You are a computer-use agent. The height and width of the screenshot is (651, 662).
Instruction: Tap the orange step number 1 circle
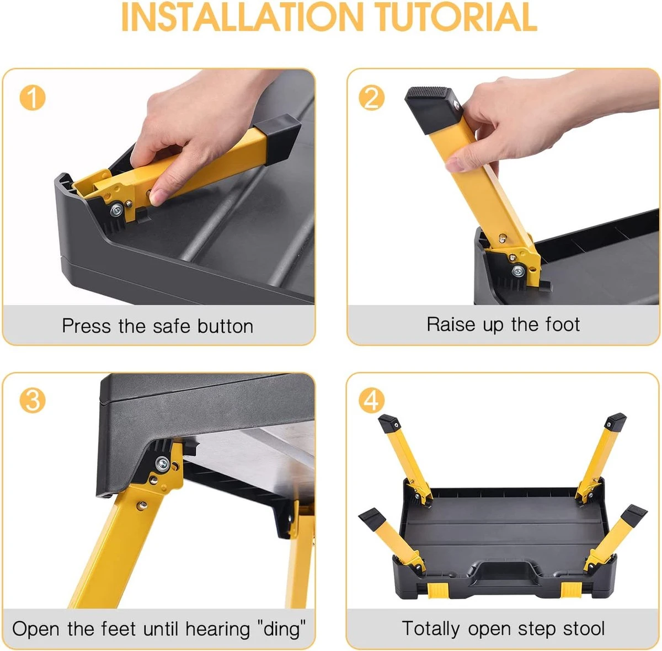[33, 98]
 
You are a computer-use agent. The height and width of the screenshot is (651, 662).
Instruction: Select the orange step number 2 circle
[371, 98]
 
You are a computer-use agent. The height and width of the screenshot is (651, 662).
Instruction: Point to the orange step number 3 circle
[33, 401]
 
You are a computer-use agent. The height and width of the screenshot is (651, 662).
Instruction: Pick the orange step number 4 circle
[371, 401]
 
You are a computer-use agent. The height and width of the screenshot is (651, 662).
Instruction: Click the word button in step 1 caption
[226, 326]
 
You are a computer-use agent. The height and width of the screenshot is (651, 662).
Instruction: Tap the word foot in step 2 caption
[563, 324]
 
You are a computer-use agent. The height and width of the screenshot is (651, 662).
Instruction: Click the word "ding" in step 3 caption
[281, 629]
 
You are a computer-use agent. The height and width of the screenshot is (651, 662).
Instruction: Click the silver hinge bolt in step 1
[117, 209]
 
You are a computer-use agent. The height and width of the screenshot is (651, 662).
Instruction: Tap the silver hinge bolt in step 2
[518, 271]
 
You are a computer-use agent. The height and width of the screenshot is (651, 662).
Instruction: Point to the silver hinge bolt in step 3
[162, 464]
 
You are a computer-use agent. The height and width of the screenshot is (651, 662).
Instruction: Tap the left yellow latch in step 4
[439, 590]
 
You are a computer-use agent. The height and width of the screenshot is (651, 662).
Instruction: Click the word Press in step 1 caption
[86, 326]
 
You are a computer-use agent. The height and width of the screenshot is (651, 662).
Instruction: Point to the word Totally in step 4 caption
[430, 629]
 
